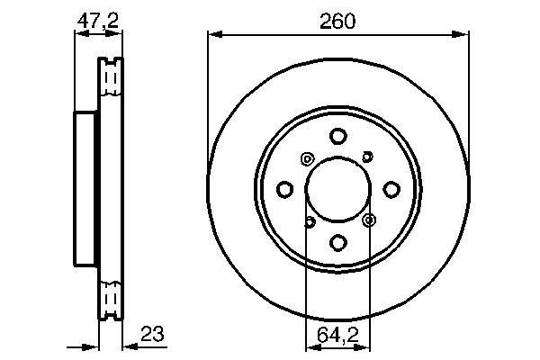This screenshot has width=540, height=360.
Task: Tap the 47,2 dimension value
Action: pyautogui.click(x=97, y=19)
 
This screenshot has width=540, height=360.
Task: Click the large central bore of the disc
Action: pyautogui.click(x=337, y=189)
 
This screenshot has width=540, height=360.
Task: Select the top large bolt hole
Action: pyautogui.click(x=337, y=137)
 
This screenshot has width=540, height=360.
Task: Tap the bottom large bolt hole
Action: pyautogui.click(x=337, y=242)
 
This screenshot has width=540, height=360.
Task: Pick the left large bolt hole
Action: pyautogui.click(x=285, y=189)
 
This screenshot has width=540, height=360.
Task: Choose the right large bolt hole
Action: pyautogui.click(x=391, y=189)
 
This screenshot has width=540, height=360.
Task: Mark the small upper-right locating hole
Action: pyautogui.click(x=367, y=157)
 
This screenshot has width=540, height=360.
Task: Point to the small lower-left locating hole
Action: pyautogui.click(x=309, y=221)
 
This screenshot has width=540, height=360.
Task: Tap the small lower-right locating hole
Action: pyautogui.click(x=368, y=219)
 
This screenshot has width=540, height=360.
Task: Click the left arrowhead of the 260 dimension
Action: pyautogui.click(x=214, y=34)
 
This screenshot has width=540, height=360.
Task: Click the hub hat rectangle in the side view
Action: pyautogui.click(x=85, y=189)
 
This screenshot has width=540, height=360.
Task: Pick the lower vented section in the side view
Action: pyautogui.click(x=110, y=297)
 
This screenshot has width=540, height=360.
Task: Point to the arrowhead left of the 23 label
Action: pyautogui.click(x=126, y=346)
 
